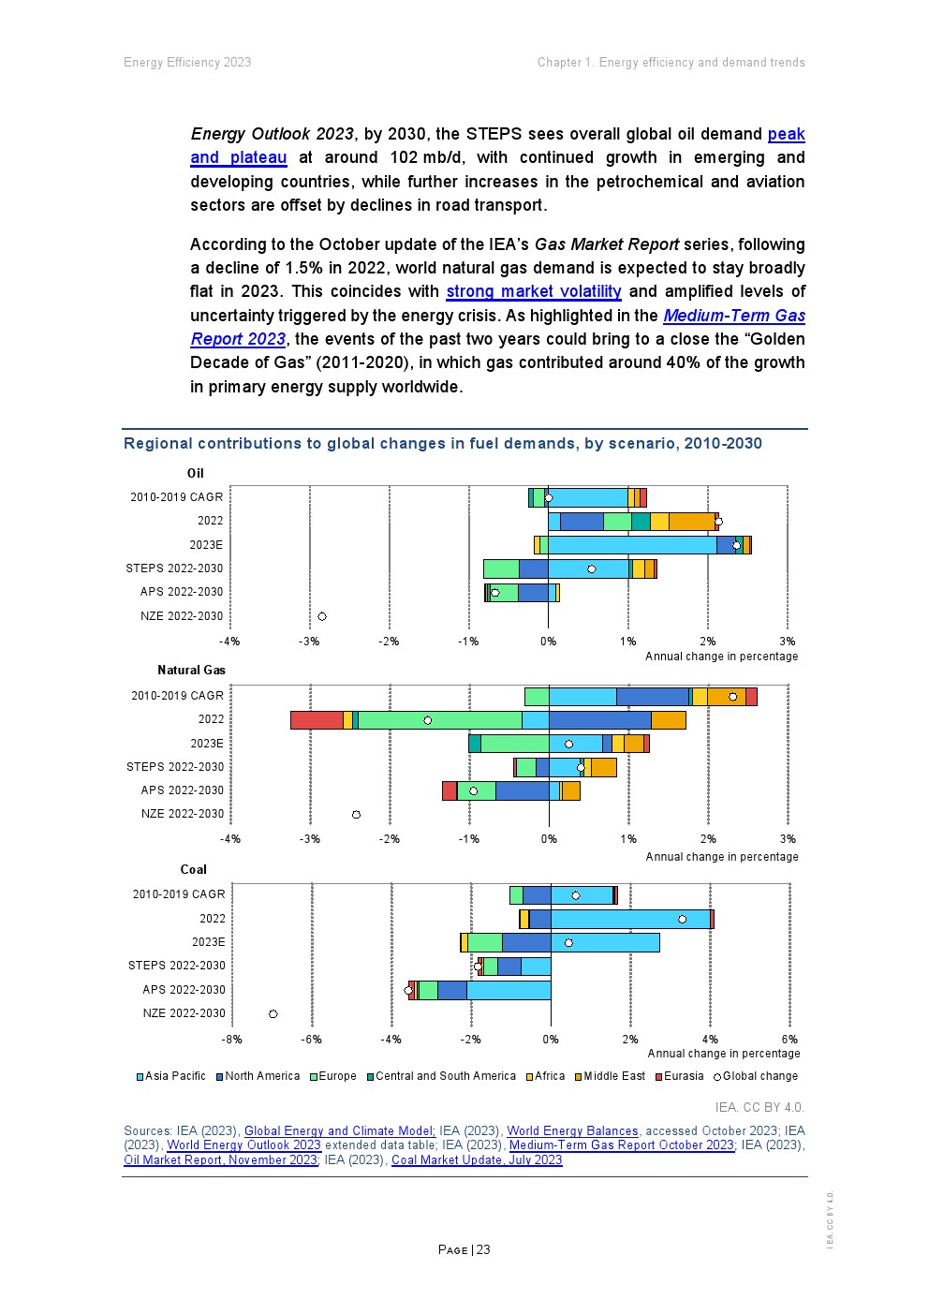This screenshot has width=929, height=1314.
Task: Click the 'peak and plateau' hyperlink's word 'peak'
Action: (786, 134)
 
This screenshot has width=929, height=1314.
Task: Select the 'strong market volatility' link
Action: (533, 291)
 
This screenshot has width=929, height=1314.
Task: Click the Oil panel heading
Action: (195, 473)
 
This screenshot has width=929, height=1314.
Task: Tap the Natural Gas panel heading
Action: (191, 670)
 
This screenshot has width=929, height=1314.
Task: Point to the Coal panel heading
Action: (193, 869)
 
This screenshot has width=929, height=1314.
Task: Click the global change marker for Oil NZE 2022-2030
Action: (322, 616)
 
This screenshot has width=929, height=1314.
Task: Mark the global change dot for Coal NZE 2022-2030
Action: (273, 1013)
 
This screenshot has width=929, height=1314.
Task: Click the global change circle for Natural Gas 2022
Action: (428, 720)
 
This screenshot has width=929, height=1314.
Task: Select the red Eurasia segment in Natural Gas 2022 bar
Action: (317, 720)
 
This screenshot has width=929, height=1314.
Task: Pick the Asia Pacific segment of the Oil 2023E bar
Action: (632, 545)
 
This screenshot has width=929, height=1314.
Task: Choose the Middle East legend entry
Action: (610, 1076)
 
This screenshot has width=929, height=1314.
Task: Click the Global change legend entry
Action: (756, 1076)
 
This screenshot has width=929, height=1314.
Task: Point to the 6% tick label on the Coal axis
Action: (789, 1040)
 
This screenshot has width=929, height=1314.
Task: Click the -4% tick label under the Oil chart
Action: (229, 642)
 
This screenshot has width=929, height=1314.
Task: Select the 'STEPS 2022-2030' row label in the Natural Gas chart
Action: (175, 767)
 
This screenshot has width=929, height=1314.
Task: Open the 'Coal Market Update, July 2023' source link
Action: (477, 1160)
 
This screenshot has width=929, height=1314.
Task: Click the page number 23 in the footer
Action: (483, 1249)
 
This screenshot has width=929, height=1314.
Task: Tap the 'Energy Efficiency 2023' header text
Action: (187, 63)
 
